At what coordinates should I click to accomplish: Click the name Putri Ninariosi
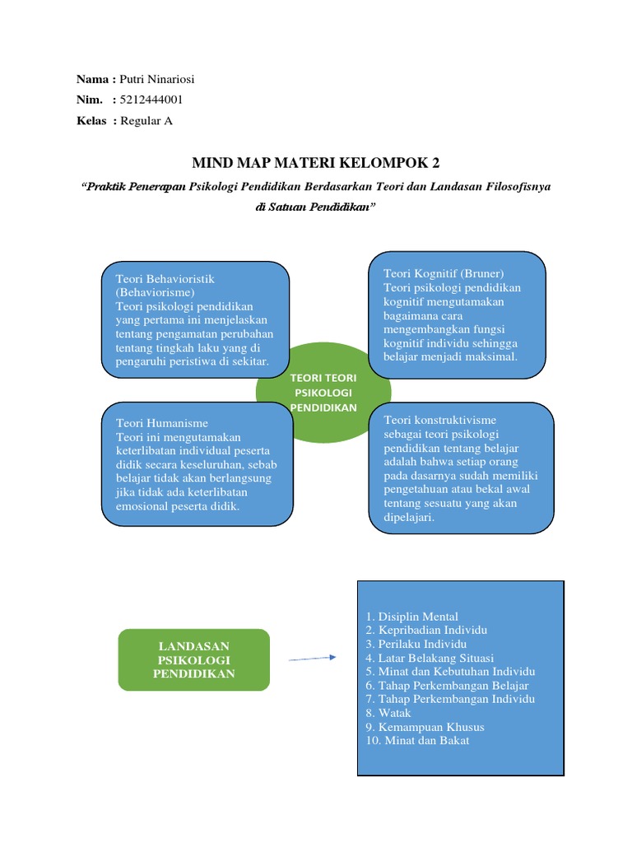(158, 80)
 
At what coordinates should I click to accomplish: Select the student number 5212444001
(151, 100)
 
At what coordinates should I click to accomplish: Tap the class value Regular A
(146, 121)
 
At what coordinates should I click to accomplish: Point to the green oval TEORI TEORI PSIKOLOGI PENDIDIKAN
(323, 393)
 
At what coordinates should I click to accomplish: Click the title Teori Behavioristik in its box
(165, 279)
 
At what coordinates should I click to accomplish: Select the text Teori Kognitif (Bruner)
(443, 273)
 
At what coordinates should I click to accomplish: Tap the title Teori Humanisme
(162, 423)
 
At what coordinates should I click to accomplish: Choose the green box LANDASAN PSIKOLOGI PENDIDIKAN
(193, 659)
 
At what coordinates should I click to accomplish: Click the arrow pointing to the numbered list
(313, 659)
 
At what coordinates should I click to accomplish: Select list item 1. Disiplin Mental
(411, 617)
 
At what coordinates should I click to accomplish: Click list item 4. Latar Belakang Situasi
(429, 658)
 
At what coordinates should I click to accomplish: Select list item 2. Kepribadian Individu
(425, 630)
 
